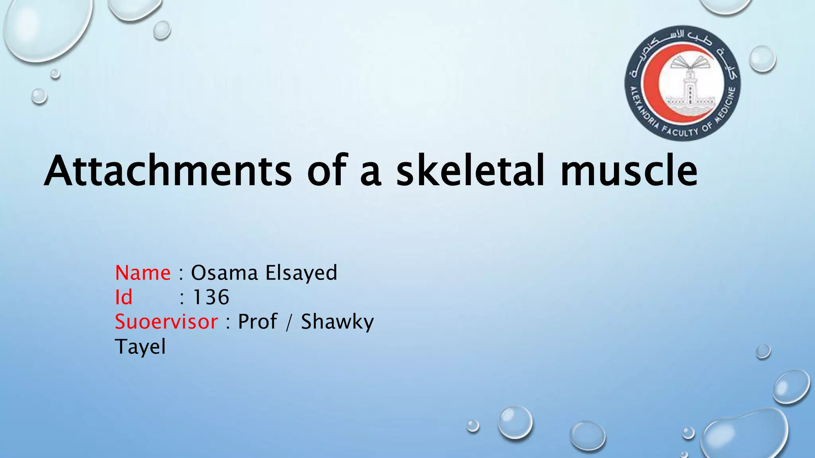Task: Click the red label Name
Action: [x=142, y=273]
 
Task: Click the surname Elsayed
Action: [x=301, y=273]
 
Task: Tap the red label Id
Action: [x=123, y=297]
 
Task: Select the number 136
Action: [x=211, y=297]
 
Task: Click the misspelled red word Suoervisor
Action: [x=166, y=322]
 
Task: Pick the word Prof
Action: [x=257, y=322]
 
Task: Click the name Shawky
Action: [x=337, y=322]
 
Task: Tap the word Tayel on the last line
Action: [x=140, y=347]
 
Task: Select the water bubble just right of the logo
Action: [x=762, y=59]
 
